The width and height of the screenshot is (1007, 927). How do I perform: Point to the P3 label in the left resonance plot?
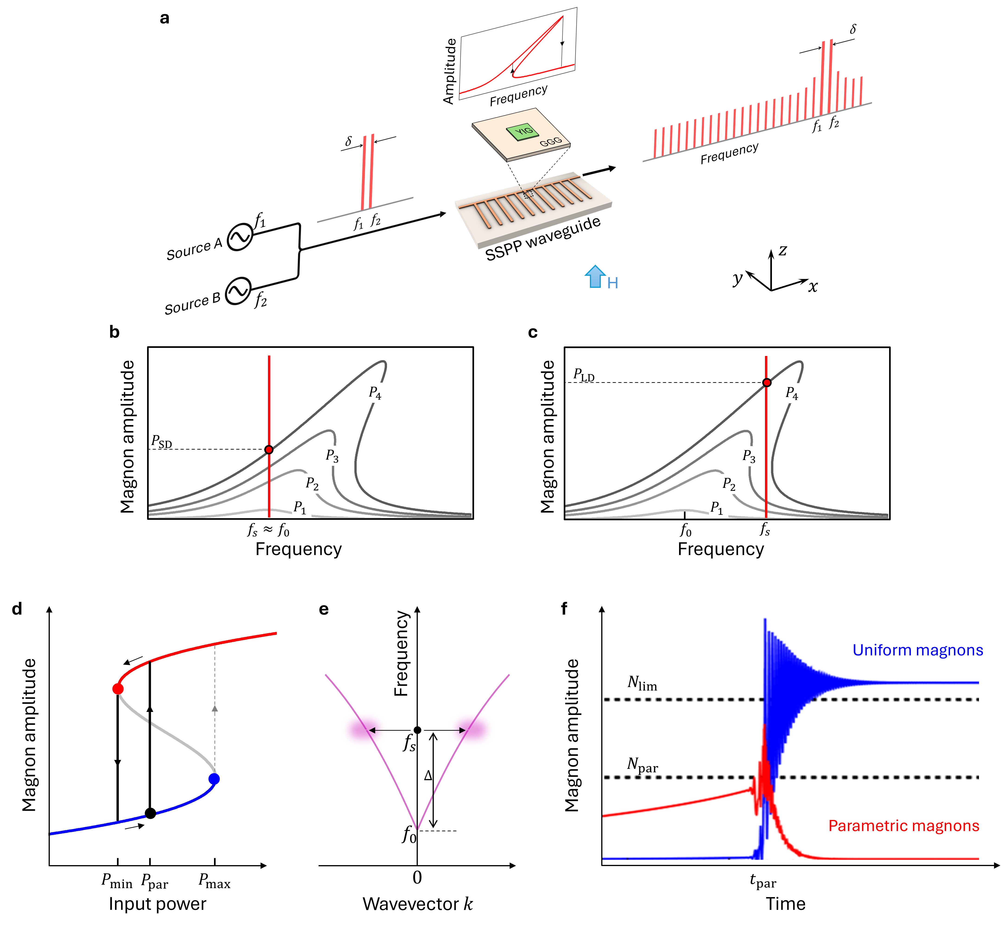[x=333, y=455]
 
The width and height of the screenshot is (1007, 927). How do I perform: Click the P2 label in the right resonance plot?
[x=730, y=484]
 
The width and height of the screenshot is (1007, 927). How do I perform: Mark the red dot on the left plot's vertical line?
[x=269, y=449]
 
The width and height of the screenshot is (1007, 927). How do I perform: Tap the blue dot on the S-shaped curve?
[x=214, y=779]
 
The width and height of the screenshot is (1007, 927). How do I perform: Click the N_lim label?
[x=642, y=683]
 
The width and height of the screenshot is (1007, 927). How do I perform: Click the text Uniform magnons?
[x=917, y=650]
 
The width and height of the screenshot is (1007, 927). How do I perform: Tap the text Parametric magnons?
[x=903, y=826]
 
